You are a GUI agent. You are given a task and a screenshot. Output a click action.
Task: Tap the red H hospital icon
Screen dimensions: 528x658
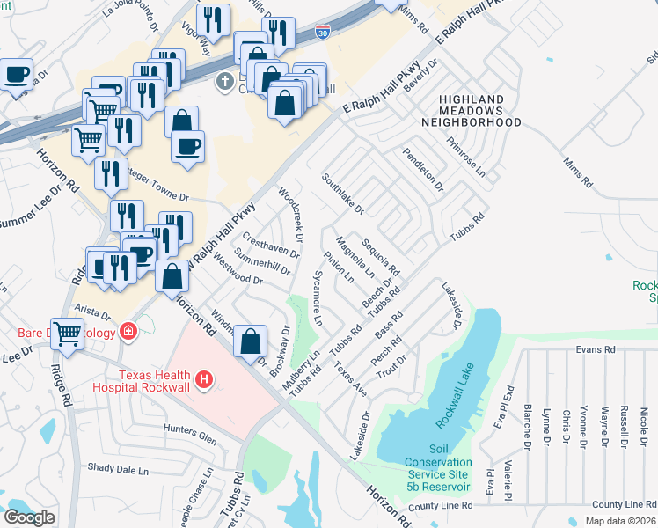[204, 380]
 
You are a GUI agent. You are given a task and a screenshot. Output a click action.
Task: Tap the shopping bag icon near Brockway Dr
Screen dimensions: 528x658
[251, 341]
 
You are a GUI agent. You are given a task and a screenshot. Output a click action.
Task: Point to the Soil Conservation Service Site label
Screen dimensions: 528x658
[438, 468]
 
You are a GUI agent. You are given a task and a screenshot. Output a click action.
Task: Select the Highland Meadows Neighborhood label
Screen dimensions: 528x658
[479, 111]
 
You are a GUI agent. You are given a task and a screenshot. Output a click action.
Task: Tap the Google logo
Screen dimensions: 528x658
[29, 517]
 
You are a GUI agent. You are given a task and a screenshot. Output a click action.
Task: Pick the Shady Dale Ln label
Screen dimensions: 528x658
[116, 468]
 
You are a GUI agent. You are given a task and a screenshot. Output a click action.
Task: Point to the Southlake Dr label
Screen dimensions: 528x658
[342, 193]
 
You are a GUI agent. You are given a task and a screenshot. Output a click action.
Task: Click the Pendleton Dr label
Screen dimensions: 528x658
[422, 170]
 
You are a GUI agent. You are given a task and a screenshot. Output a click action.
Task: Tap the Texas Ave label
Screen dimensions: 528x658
[349, 376]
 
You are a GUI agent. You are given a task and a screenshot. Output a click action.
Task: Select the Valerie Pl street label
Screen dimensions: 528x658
[508, 480]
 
